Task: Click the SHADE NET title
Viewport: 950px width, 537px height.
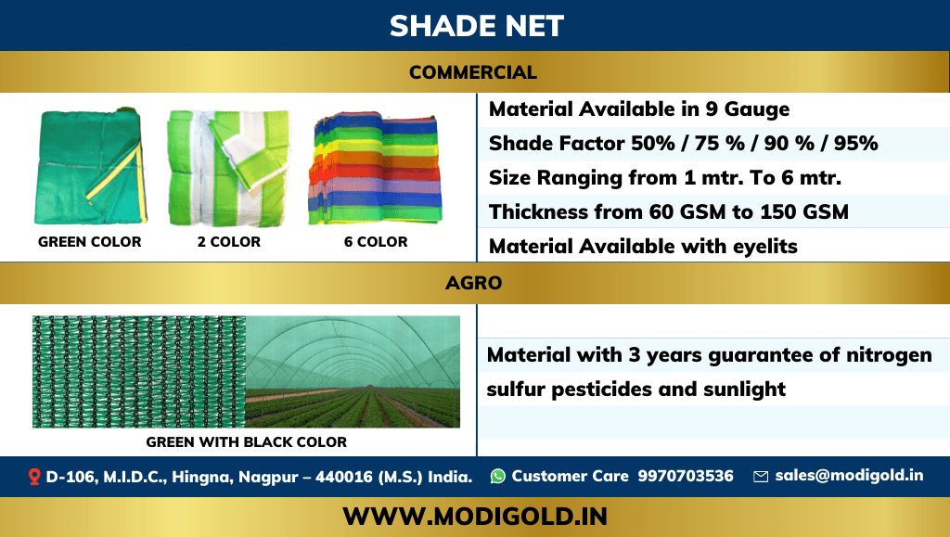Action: click(x=476, y=26)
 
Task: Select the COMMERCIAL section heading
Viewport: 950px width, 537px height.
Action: click(x=473, y=72)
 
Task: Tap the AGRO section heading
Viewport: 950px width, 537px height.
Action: click(x=474, y=283)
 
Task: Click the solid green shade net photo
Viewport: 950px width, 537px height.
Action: click(x=90, y=167)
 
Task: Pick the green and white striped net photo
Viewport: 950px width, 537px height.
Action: click(x=228, y=168)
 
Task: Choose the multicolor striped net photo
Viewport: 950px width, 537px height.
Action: click(x=375, y=169)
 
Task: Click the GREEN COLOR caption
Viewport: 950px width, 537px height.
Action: click(x=90, y=242)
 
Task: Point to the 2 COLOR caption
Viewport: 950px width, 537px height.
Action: click(x=229, y=242)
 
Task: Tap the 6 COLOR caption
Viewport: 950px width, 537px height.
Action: click(x=376, y=242)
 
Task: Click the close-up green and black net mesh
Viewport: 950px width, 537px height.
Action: click(x=139, y=372)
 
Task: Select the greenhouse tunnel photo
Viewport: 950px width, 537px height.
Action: click(x=353, y=372)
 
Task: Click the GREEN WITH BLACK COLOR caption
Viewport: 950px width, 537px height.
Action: click(x=247, y=442)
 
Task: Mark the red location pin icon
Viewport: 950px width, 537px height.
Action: click(x=34, y=477)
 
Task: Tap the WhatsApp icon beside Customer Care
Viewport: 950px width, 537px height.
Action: click(x=498, y=476)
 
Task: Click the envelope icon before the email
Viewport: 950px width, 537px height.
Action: click(x=761, y=477)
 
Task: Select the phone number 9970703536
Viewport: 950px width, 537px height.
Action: click(x=686, y=477)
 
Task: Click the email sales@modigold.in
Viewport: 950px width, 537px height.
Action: click(x=849, y=476)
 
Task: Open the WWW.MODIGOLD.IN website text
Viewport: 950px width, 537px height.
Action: click(x=475, y=516)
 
